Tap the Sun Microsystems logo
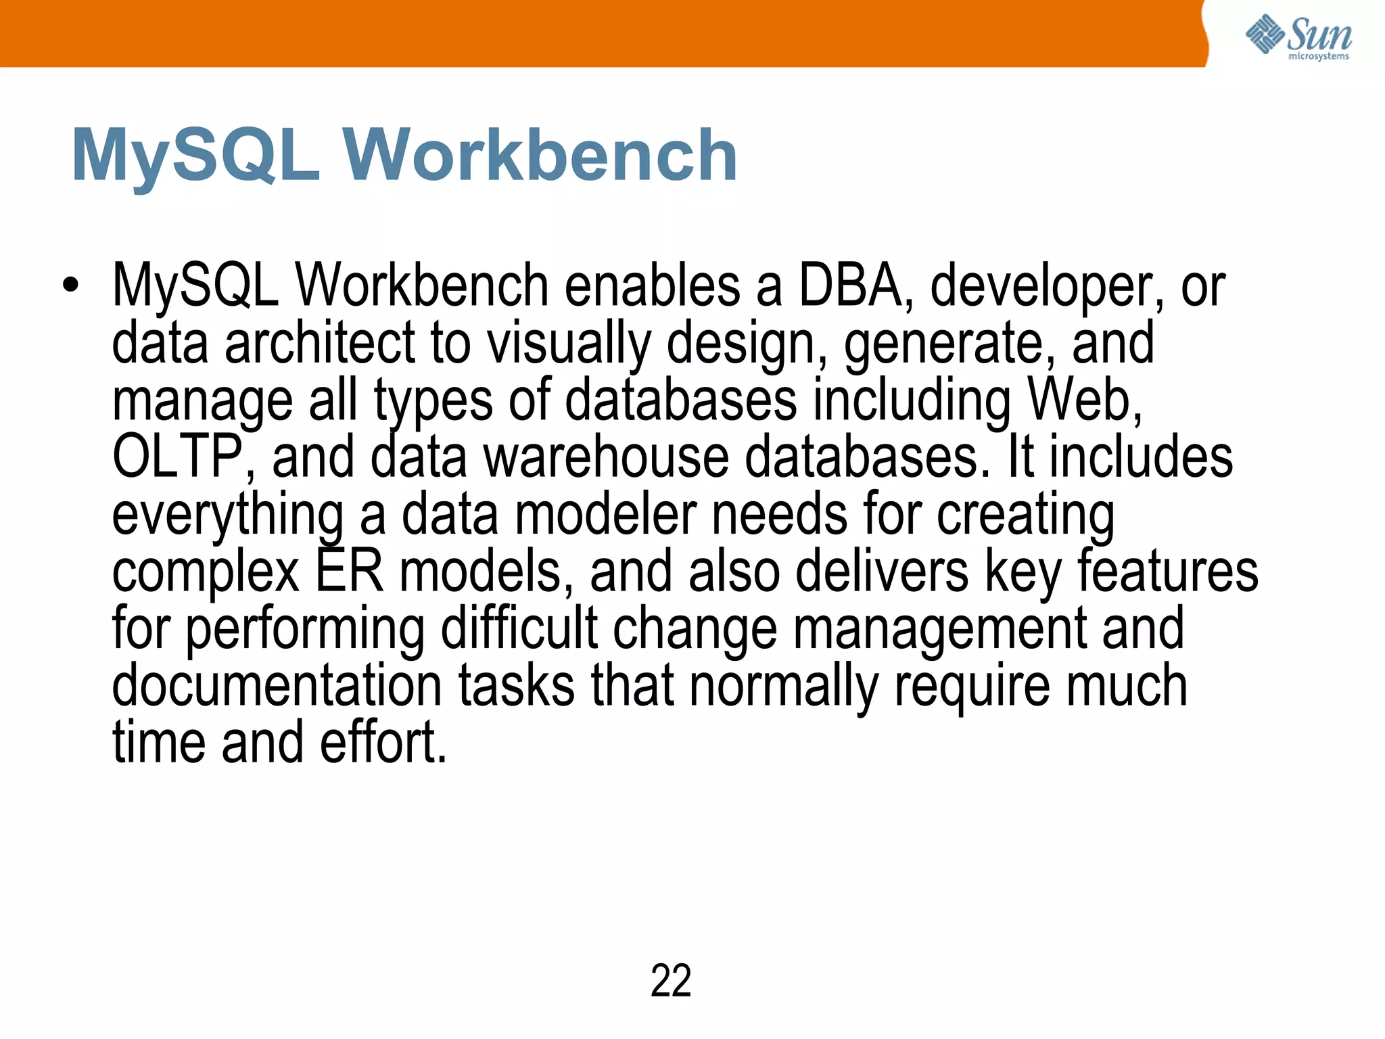1298,37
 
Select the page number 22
670,980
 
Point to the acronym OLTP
178,458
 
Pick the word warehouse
606,458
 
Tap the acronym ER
349,572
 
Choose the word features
1167,572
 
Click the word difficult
519,629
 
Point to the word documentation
277,686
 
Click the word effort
383,743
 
